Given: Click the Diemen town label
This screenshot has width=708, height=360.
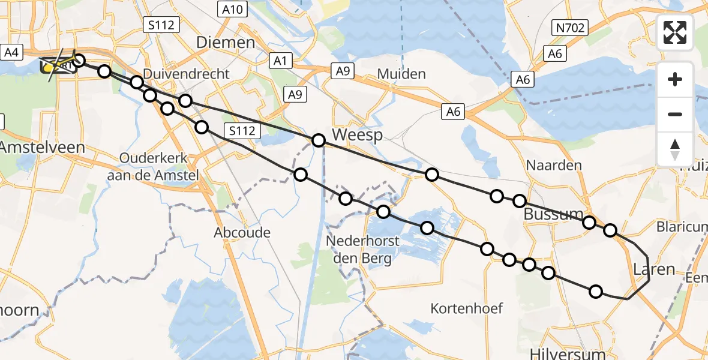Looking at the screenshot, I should (x=226, y=43).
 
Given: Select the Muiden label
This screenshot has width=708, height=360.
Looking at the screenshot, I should (x=401, y=74).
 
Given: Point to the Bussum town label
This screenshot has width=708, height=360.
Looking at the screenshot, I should (x=554, y=214).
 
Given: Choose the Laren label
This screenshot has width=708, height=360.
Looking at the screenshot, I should (x=654, y=269).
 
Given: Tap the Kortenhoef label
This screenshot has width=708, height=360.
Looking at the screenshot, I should (x=467, y=308).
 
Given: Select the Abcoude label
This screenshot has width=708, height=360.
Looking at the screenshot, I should (x=242, y=233).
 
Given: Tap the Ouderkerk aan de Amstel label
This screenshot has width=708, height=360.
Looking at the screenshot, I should (x=154, y=165).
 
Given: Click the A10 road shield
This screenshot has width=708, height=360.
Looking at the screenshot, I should (x=232, y=9).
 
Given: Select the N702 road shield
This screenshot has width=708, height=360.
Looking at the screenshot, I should (x=570, y=27).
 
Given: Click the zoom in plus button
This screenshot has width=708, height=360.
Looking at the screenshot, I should (x=675, y=79).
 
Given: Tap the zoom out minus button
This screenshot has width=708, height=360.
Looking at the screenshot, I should (x=675, y=114).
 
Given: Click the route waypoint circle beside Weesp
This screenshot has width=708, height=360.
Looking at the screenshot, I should (x=319, y=140).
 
